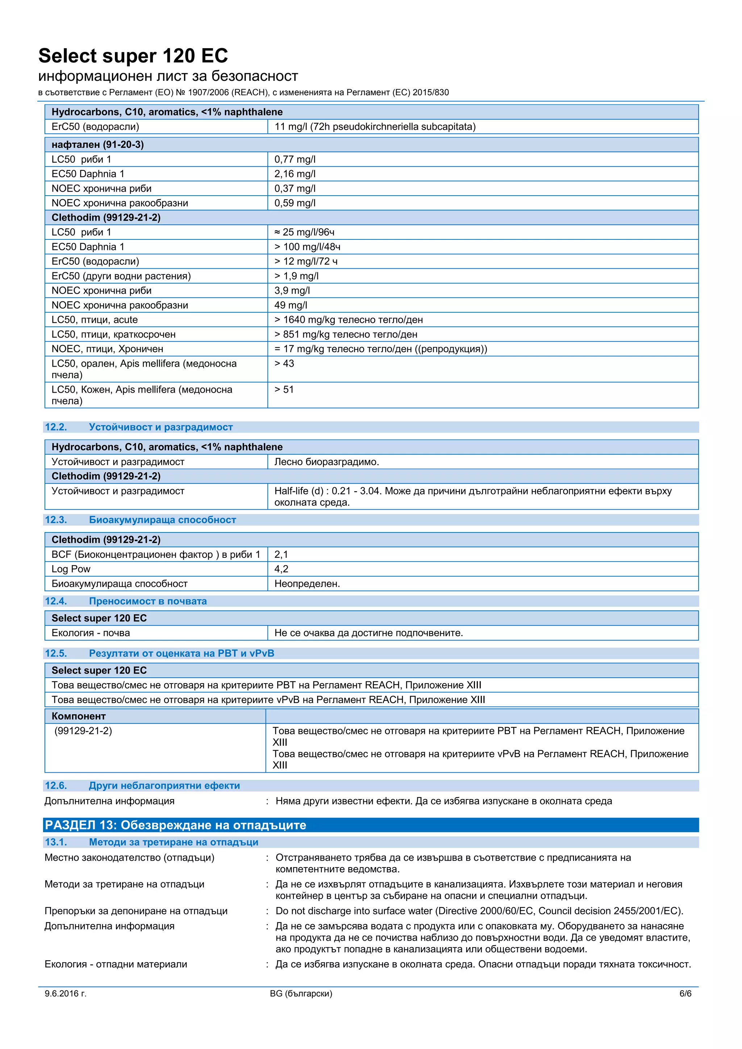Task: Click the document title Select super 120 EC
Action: tap(133, 56)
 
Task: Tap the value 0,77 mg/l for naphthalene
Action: tap(295, 159)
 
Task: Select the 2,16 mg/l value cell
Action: tap(295, 174)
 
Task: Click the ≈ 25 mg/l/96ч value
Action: tap(304, 232)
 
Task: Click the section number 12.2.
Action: tap(56, 427)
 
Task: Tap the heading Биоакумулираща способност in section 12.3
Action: tap(162, 520)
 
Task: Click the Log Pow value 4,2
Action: tap(281, 569)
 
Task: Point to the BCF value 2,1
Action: tap(281, 555)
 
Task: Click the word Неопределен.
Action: tap(307, 584)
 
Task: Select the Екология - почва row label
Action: tap(91, 633)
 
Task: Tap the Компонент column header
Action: tap(79, 716)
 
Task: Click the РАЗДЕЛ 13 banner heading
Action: tap(175, 825)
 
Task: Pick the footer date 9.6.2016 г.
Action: tap(65, 993)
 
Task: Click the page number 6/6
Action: tap(685, 993)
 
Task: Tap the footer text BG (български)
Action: tap(301, 993)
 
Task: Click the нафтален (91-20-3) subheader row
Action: tap(97, 145)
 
